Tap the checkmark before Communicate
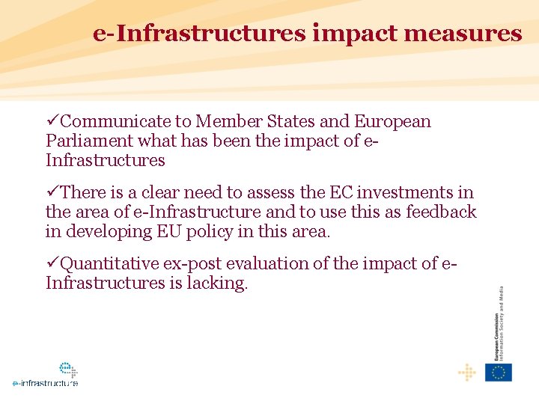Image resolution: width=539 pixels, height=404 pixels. [x=52, y=121]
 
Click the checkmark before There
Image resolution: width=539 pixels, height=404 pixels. [x=52, y=192]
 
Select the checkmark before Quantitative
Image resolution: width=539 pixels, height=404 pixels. [x=52, y=263]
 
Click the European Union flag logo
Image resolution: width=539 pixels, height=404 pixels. [x=499, y=372]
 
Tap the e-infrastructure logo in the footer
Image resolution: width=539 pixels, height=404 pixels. [x=46, y=374]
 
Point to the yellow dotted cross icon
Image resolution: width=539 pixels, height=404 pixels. [x=467, y=372]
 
